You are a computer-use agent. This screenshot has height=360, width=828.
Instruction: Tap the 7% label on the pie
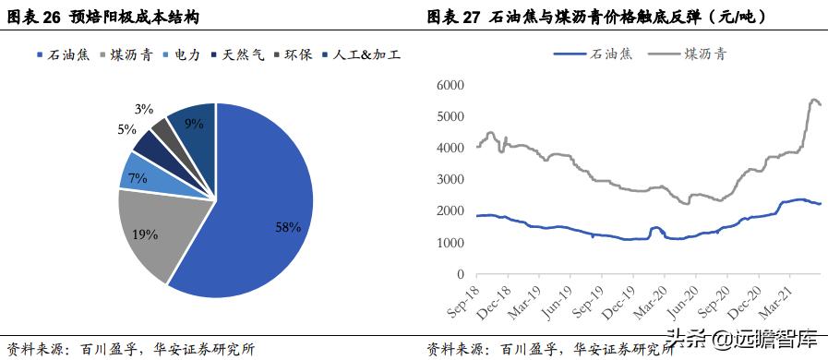click(x=138, y=178)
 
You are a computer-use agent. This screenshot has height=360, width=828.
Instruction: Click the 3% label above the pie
click(x=143, y=109)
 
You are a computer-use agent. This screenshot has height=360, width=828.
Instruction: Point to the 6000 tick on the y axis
click(x=450, y=85)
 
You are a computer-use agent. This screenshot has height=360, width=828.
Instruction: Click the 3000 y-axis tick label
click(x=450, y=179)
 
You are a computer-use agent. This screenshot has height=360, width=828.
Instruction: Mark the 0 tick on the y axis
click(x=459, y=274)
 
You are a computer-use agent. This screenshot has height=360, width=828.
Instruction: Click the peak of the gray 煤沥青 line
click(x=814, y=99)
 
